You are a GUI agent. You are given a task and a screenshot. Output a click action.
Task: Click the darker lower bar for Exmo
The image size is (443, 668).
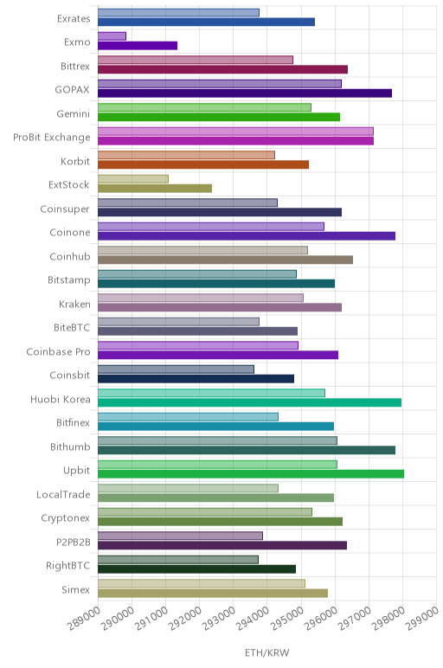tap(138, 46)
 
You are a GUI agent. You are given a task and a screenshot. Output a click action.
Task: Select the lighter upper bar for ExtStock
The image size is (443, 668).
tap(133, 179)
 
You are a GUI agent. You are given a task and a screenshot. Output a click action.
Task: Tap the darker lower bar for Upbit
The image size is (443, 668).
tap(251, 473)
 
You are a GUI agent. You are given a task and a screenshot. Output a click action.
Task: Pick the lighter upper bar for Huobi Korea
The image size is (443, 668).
tap(211, 393)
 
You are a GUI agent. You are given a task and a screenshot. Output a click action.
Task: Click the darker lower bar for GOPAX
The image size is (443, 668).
tap(245, 93)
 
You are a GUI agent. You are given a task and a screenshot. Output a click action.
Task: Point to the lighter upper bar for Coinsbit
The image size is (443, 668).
tap(176, 369)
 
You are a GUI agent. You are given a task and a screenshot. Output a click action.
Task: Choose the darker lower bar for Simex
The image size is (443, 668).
tap(213, 593)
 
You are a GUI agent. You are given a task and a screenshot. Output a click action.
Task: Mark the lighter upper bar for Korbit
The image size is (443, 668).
tap(186, 155)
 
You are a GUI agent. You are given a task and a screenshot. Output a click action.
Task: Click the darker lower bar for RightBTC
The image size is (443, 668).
tap(196, 569)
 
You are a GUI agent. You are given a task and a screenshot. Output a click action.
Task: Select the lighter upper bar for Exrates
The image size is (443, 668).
tap(178, 12)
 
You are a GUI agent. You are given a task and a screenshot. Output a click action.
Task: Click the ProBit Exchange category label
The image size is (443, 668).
tap(52, 138)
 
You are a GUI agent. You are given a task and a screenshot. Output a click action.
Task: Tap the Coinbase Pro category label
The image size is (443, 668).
tap(58, 351)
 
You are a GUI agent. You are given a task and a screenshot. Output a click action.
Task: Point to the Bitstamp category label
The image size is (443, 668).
tap(69, 280)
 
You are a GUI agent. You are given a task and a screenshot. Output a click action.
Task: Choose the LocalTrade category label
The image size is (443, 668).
tap(63, 494)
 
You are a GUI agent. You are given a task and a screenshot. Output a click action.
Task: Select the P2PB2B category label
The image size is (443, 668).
tap(74, 542)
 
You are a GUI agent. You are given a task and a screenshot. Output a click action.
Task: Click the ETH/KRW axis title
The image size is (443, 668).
tap(267, 652)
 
